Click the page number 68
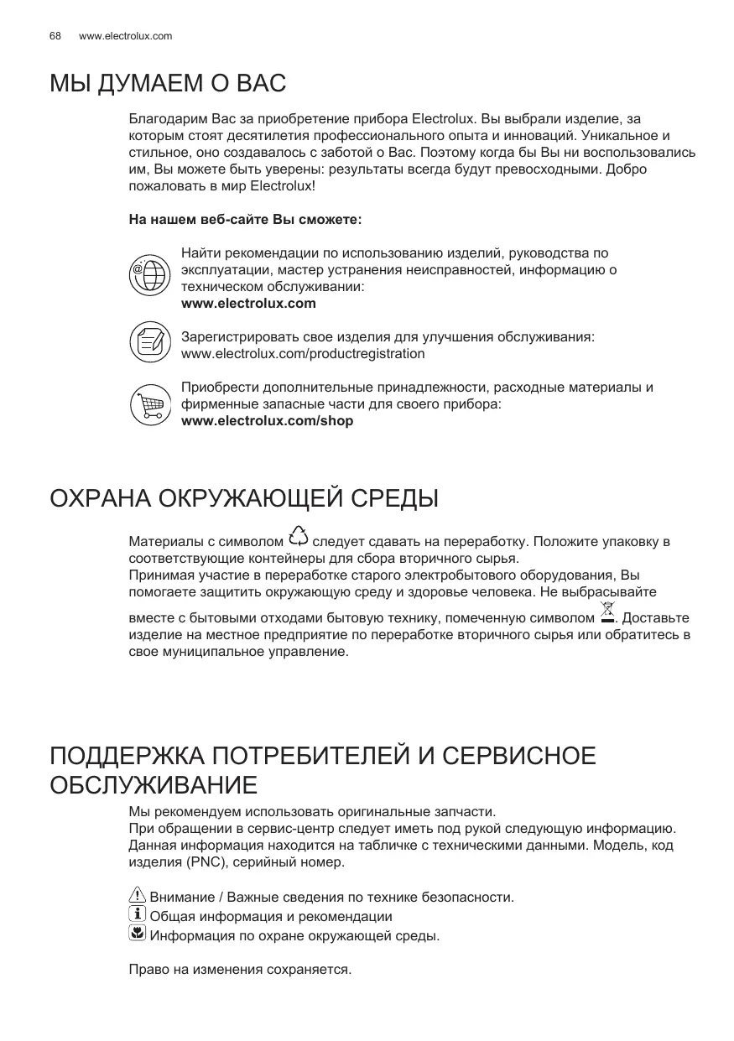pos(55,36)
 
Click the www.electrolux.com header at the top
pos(125,36)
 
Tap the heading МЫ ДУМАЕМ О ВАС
pos(168,84)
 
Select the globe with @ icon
pos(149,272)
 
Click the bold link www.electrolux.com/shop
pos(267,421)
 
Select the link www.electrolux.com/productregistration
pos(303,354)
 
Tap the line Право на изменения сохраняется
pos(240,970)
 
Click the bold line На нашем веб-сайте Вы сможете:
pos(245,220)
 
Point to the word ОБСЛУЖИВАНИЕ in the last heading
pos(154,787)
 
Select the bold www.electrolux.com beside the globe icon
pos(248,304)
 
